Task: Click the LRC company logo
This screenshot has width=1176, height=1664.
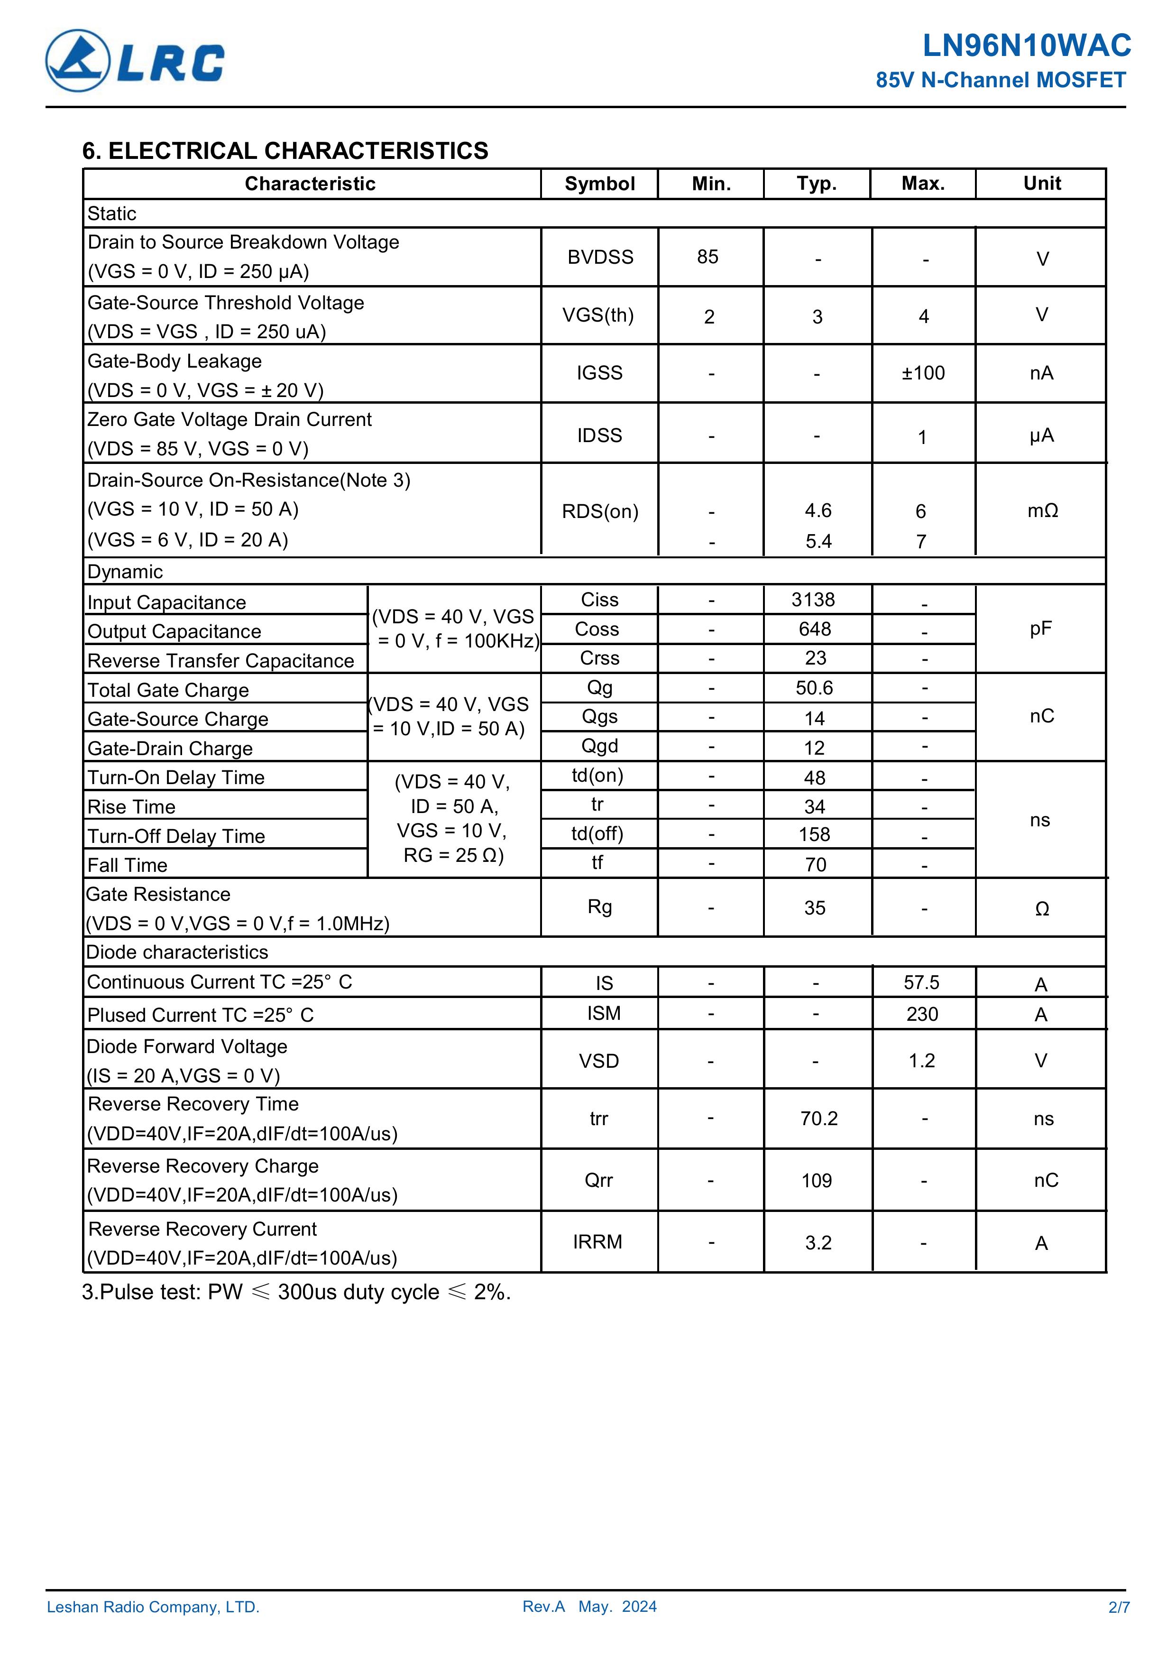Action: click(x=135, y=61)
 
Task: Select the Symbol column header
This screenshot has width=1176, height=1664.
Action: click(x=599, y=184)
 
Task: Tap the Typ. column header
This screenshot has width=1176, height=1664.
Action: click(x=817, y=184)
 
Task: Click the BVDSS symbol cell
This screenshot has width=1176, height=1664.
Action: click(x=600, y=257)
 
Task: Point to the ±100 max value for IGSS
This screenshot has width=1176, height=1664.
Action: click(x=923, y=373)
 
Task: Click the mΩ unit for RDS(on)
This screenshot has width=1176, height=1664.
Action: click(x=1042, y=511)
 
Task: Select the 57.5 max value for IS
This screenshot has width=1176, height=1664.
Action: click(x=921, y=983)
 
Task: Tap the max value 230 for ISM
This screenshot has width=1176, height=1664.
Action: click(x=922, y=1014)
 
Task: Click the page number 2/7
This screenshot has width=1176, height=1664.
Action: click(x=1118, y=1607)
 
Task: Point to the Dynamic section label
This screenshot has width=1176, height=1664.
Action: click(x=125, y=572)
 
